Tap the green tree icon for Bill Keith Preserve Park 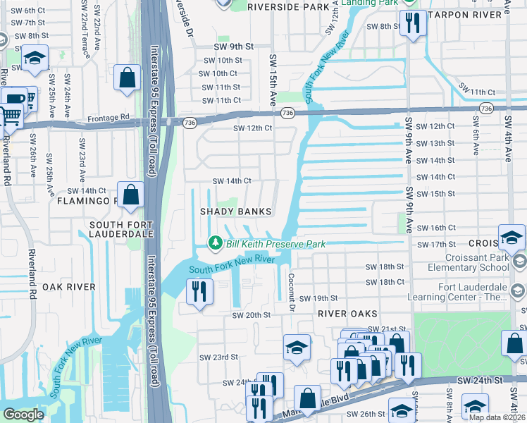(216, 243)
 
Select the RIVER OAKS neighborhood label (348, 313)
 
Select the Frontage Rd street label (108, 117)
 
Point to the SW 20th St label (251, 316)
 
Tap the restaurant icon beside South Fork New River (199, 290)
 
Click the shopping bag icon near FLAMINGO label (131, 195)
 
